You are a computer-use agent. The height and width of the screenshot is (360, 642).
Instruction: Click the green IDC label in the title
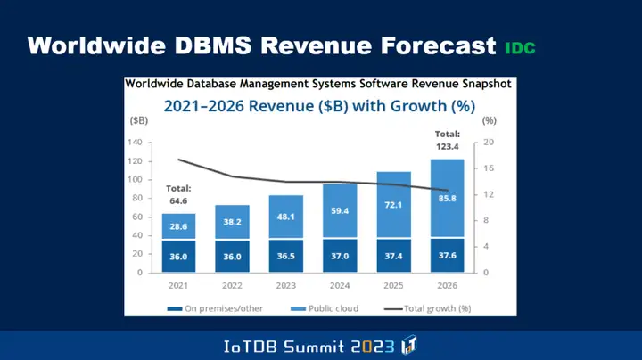pos(520,48)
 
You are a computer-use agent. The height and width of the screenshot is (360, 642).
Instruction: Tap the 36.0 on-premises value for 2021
pos(179,256)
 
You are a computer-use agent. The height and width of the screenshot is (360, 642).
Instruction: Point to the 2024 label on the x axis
pos(341,287)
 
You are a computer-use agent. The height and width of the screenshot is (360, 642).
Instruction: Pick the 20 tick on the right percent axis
pos(490,143)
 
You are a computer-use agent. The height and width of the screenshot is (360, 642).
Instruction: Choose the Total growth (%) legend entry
pos(434,308)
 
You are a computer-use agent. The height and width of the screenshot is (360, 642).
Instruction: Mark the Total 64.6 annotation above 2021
pos(178,195)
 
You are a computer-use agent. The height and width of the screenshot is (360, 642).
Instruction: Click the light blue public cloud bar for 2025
pos(394,205)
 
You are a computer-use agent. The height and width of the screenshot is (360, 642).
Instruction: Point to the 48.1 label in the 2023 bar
pos(286,217)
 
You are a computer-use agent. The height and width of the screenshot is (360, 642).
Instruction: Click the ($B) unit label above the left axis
pos(139,119)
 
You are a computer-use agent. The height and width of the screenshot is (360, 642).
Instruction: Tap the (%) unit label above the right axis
pos(489,119)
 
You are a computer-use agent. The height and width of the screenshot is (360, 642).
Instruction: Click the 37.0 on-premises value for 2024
pos(341,256)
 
